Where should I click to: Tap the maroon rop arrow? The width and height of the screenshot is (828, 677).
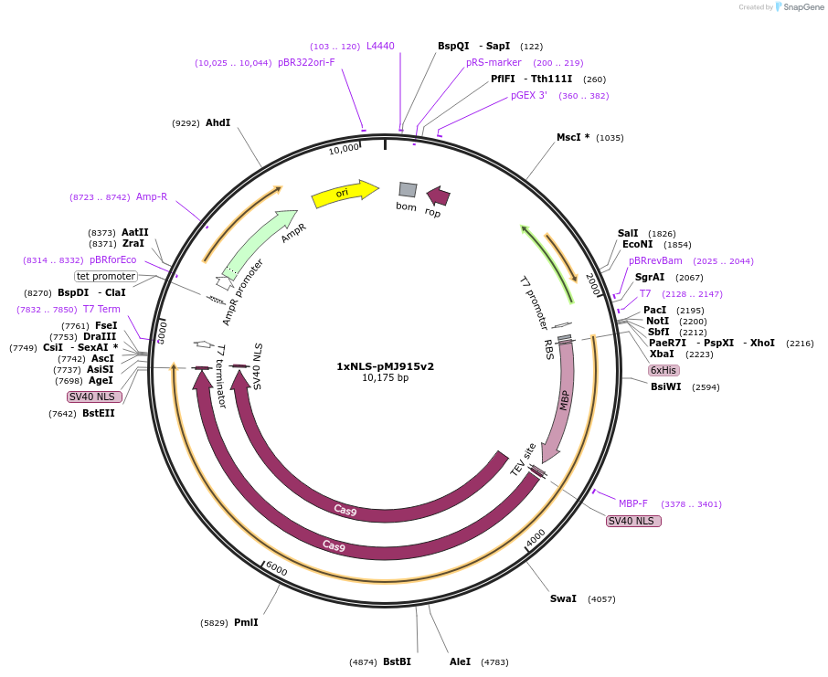(x=438, y=196)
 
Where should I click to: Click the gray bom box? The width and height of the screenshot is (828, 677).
(x=408, y=190)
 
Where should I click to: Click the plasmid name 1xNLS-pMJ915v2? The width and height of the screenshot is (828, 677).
(x=385, y=366)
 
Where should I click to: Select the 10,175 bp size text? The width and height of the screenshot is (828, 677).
(x=385, y=378)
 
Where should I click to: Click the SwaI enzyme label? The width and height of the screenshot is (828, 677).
(x=563, y=598)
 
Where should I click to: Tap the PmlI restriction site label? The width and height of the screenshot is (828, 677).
(x=246, y=622)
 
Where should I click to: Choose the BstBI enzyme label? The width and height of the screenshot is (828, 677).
(x=397, y=661)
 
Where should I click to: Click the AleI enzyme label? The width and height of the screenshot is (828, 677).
(x=460, y=661)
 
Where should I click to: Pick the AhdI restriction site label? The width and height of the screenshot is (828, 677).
(x=218, y=122)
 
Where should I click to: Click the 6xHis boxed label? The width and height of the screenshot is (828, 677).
(x=663, y=370)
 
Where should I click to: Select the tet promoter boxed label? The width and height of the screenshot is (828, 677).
(x=106, y=276)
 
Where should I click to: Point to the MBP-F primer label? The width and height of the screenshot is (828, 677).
(x=632, y=503)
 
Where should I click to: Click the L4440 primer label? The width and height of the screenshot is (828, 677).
(x=380, y=46)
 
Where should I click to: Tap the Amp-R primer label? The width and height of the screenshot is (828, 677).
(x=152, y=196)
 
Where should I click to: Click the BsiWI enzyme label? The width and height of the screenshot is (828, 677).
(x=665, y=386)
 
